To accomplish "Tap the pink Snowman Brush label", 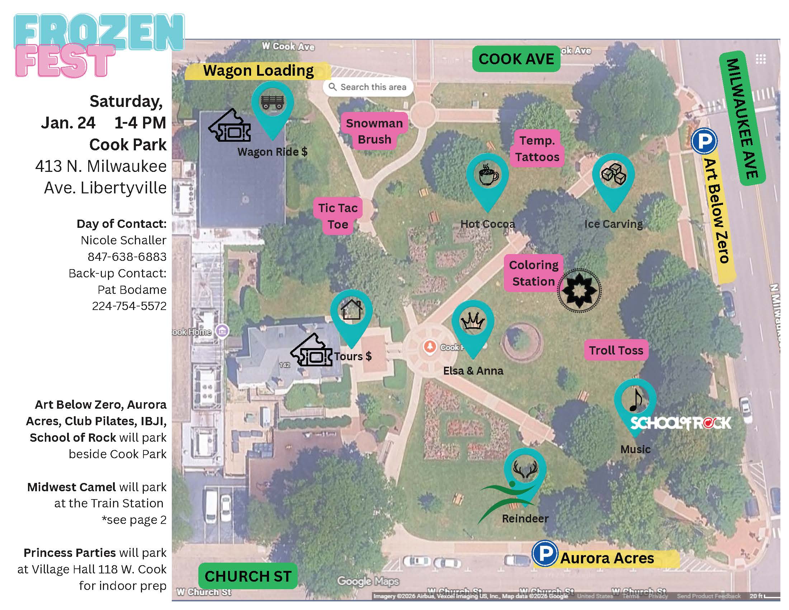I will pyautogui.click(x=374, y=131).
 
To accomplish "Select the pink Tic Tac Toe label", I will pyautogui.click(x=338, y=216).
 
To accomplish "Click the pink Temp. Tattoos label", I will pyautogui.click(x=537, y=149).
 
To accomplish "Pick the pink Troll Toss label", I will pyautogui.click(x=616, y=350).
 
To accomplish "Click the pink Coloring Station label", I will pyautogui.click(x=534, y=273).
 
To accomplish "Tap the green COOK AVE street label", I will pyautogui.click(x=516, y=59).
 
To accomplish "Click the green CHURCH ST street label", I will pyautogui.click(x=248, y=576).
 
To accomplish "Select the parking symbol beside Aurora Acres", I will pyautogui.click(x=544, y=553).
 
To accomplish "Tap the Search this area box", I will pyautogui.click(x=368, y=87).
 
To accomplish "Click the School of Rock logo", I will pyautogui.click(x=681, y=422).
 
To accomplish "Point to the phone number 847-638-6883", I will pyautogui.click(x=127, y=257).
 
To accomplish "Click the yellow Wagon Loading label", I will pyautogui.click(x=258, y=71).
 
